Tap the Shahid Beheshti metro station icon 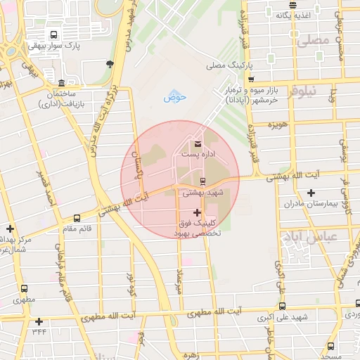click(x=203, y=181)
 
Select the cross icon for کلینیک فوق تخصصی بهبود click(x=196, y=212)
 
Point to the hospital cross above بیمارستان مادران click(x=311, y=193)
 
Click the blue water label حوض click(x=175, y=97)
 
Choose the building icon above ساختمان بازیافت click(x=61, y=83)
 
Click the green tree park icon click(x=109, y=64)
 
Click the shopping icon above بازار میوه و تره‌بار click(x=251, y=79)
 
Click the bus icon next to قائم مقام click(x=77, y=218)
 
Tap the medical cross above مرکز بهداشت click(x=10, y=229)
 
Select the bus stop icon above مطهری click(x=25, y=288)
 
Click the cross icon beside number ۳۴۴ click(x=38, y=321)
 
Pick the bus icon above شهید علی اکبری click(x=282, y=307)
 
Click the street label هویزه click(x=278, y=124)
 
